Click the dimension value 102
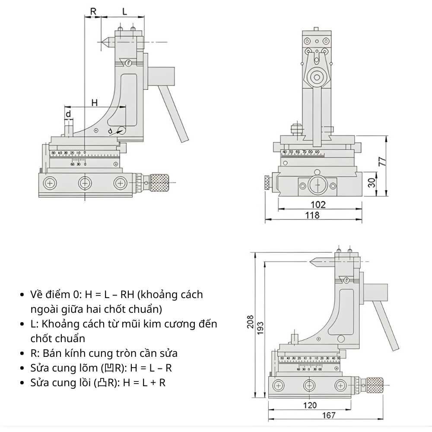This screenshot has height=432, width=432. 318,204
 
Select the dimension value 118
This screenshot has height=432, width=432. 312,215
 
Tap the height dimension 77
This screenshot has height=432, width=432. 382,162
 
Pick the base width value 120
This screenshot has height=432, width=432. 310,405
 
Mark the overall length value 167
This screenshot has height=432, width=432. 329,415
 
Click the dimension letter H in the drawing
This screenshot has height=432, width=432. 95,102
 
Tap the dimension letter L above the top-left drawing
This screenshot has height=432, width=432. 124,12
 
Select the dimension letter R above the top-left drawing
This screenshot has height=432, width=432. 93,12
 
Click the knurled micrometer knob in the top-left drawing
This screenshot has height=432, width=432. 159,184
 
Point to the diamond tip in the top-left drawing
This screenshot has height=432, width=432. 104,42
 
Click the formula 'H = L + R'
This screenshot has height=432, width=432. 144,382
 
